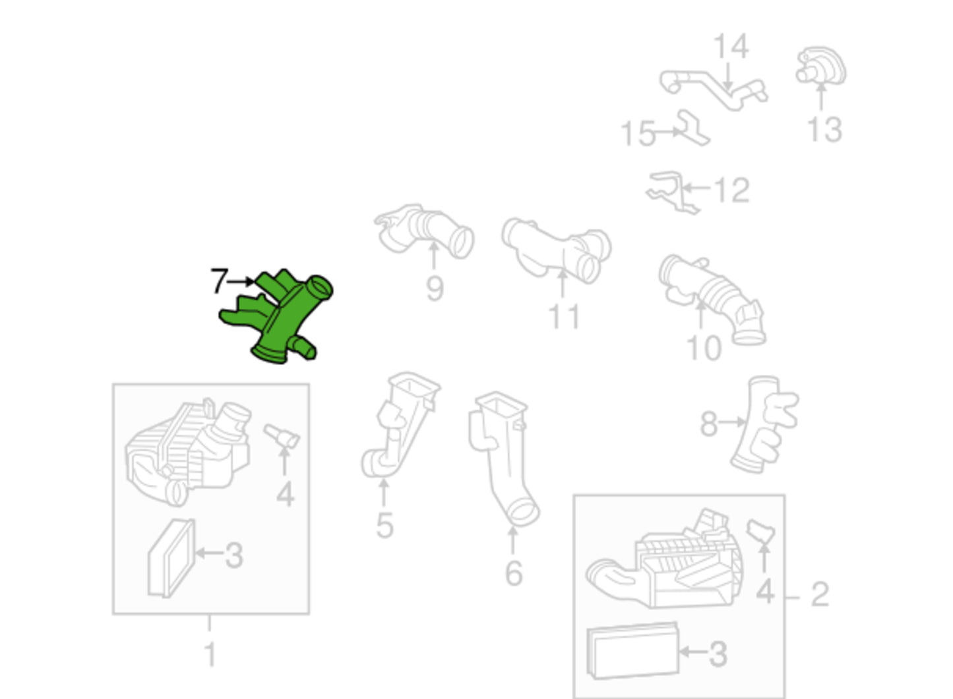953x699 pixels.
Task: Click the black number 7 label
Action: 220,281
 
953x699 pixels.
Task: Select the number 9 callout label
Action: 435,289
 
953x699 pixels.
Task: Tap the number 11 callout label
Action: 564,317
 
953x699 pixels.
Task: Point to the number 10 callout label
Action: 704,349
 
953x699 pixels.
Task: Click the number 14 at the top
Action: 731,46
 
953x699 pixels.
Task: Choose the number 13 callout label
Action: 824,130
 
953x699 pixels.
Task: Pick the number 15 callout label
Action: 638,134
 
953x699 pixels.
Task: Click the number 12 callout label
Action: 732,190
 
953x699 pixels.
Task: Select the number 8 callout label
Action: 709,424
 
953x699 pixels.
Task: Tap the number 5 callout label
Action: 385,526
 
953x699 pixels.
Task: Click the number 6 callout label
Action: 514,574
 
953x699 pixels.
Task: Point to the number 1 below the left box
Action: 210,654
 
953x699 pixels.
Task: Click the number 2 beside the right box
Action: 820,594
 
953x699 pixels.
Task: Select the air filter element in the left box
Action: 171,558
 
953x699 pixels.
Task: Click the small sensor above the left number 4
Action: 282,436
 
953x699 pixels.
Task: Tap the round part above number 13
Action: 821,66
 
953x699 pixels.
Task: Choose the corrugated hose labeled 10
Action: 713,300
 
